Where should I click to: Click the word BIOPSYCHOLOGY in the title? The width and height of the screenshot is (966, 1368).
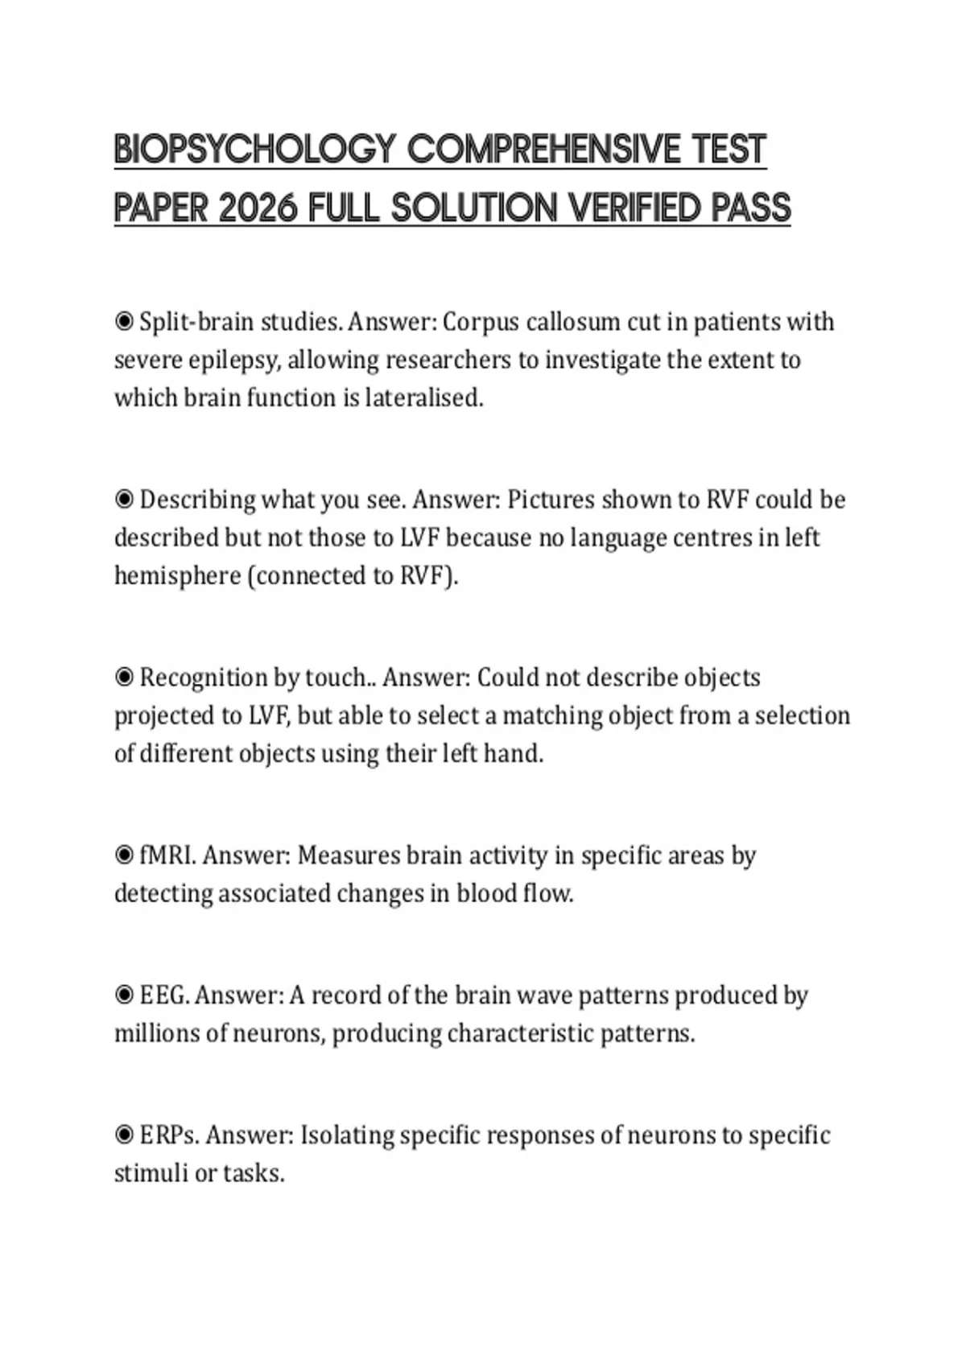click(x=255, y=150)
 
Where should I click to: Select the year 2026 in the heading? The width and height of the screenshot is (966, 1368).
click(x=258, y=208)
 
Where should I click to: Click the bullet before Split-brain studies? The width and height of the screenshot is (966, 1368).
click(x=124, y=322)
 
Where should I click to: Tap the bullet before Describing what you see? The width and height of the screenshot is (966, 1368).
click(x=124, y=500)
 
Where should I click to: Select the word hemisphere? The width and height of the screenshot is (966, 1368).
click(x=176, y=576)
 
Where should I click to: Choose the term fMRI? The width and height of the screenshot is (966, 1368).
click(x=167, y=855)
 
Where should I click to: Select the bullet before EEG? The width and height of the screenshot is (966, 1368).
click(x=124, y=995)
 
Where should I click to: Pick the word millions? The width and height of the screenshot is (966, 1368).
click(x=157, y=1033)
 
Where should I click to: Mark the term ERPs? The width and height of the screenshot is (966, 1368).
click(x=168, y=1135)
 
